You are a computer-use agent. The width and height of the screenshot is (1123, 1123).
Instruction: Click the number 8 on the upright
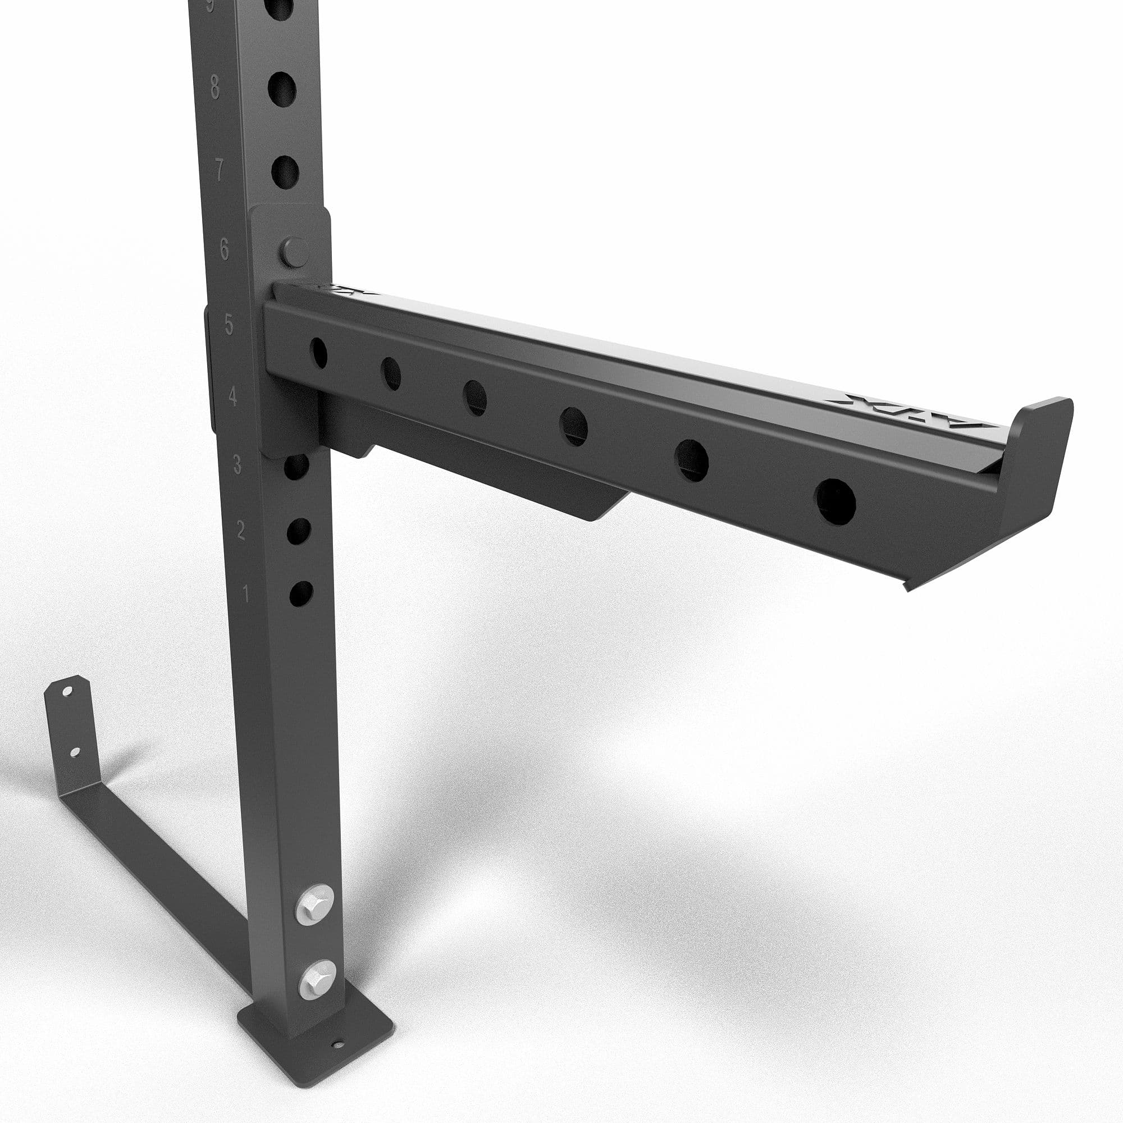point(214,87)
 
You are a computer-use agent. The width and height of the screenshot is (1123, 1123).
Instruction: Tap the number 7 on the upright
point(219,170)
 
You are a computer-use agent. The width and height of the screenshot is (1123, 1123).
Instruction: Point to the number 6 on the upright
point(225,249)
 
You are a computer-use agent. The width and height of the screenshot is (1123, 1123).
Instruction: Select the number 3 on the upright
point(237,464)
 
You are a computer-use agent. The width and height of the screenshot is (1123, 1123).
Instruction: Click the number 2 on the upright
point(241,529)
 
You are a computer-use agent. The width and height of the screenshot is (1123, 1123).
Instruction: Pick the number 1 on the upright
point(245,594)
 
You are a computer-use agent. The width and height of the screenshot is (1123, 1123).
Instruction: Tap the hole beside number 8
point(282,89)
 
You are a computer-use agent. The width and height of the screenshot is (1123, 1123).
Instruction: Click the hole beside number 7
point(285,172)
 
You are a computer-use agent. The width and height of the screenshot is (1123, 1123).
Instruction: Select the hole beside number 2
point(298,531)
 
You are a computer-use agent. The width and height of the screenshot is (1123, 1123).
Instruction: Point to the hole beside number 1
point(301,594)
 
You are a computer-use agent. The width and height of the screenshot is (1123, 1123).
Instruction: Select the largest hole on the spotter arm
point(836,501)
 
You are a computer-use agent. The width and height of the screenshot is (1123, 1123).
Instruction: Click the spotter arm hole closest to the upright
point(318,352)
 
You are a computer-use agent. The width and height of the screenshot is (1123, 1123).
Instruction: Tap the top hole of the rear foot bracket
point(67,692)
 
